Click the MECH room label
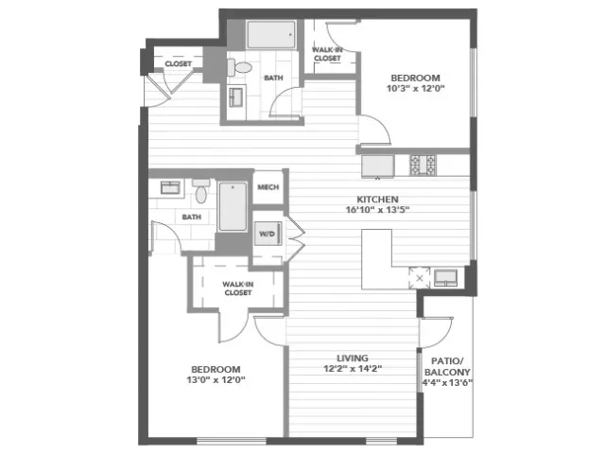268,187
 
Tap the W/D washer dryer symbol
267,234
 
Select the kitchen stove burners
423,165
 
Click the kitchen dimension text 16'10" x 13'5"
377,210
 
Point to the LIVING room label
353,358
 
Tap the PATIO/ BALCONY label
447,367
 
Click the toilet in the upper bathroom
239,67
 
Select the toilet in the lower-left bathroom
200,191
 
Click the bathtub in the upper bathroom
271,35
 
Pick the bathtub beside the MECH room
233,206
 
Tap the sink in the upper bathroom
235,96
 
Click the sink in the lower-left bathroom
170,187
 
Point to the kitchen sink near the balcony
446,277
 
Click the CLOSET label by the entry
179,63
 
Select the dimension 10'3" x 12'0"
416,88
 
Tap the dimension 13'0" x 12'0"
216,380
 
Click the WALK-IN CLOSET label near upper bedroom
327,54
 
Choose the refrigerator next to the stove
378,166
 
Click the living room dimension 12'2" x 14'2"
353,369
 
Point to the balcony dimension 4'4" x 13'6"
447,383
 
